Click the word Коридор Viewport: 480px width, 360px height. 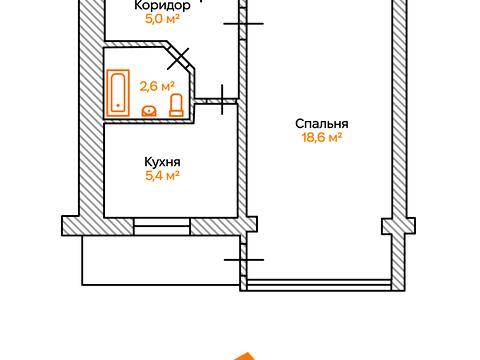[162, 4]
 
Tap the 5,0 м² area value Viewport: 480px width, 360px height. [162, 17]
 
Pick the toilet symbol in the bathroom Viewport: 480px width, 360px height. [176, 106]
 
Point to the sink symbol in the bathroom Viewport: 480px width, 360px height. [150, 111]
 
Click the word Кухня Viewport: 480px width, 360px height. [162, 161]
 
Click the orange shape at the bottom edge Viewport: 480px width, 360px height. [241, 354]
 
